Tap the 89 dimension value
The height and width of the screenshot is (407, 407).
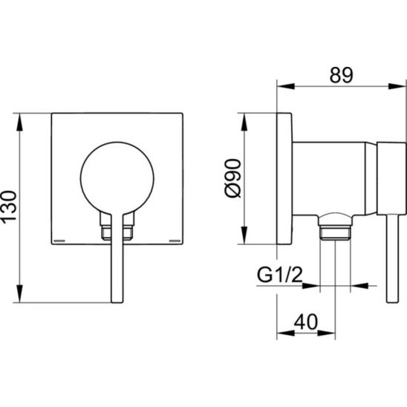click(341, 75)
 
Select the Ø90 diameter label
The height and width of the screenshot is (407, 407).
click(232, 178)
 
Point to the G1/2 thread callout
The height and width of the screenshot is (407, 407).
click(280, 275)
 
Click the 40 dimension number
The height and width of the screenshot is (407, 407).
click(306, 322)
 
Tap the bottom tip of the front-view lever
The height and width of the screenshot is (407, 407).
click(117, 302)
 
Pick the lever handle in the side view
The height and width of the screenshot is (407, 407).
click(392, 258)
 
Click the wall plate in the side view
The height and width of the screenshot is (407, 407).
click(284, 178)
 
